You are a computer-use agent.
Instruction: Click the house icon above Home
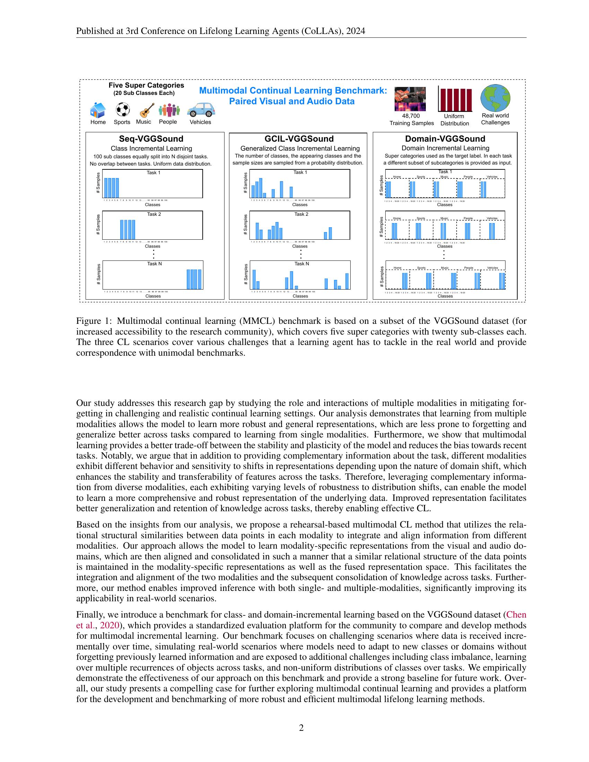pyautogui.click(x=98, y=110)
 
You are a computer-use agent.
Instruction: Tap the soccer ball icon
pyautogui.click(x=122, y=109)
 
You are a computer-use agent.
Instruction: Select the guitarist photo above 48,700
pyautogui.click(x=410, y=99)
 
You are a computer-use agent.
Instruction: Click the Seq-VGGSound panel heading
pyautogui.click(x=151, y=139)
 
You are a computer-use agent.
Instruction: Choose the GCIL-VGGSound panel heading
pyautogui.click(x=299, y=139)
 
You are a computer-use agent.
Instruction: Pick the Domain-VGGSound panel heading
pyautogui.click(x=445, y=139)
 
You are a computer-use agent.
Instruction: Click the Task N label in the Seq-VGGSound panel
pyautogui.click(x=154, y=264)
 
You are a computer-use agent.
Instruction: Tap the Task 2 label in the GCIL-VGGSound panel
pyautogui.click(x=301, y=214)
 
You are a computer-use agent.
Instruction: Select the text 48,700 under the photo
pyautogui.click(x=411, y=116)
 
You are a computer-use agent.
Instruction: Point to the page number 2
pyautogui.click(x=301, y=728)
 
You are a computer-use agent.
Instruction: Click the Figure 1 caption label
pyautogui.click(x=94, y=321)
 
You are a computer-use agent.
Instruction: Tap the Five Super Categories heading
pyautogui.click(x=146, y=86)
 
